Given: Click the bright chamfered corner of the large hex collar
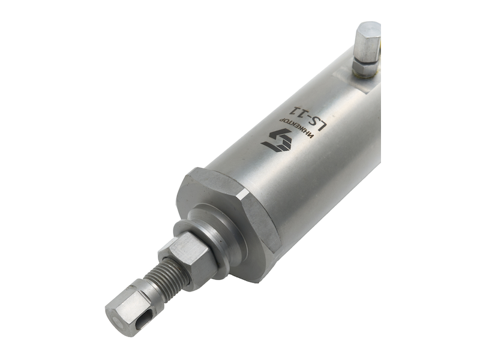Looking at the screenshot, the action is [x=245, y=194].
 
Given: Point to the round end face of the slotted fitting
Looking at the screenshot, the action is [x=116, y=322].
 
